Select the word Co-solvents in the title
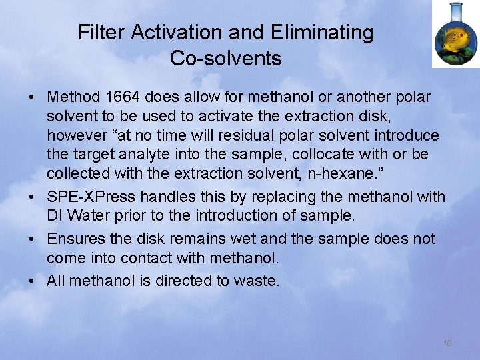coord(225,59)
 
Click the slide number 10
coord(447,343)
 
